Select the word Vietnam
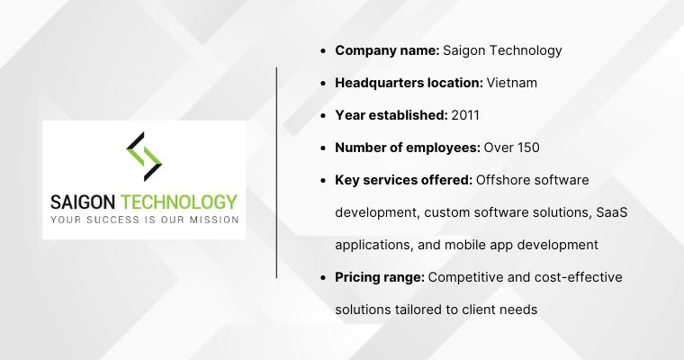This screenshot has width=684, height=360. (x=512, y=82)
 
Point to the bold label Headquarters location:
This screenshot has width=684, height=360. (x=409, y=82)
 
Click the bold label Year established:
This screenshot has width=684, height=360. (x=391, y=114)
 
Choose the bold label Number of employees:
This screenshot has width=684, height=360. (x=408, y=147)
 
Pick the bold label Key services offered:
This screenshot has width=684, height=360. (x=403, y=179)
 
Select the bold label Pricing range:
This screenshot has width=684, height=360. (x=380, y=276)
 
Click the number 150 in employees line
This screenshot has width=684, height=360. (x=527, y=147)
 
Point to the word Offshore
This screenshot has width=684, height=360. (x=504, y=179)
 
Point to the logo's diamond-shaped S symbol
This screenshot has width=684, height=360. (x=144, y=157)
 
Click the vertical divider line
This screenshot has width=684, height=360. (x=277, y=171)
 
